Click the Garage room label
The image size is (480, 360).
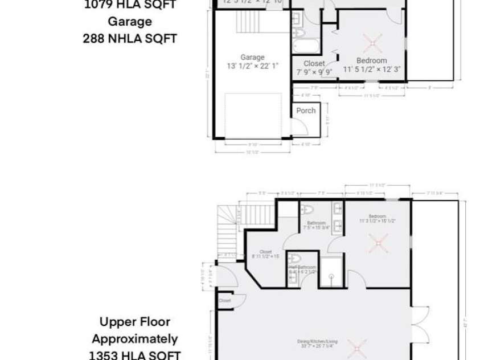(x=252, y=57)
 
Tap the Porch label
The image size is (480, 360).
(x=306, y=111)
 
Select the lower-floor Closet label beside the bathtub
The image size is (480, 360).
(x=314, y=64)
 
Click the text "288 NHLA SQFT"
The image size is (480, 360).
(x=130, y=39)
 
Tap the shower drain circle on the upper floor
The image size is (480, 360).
(x=331, y=279)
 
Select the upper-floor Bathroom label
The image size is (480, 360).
(x=316, y=223)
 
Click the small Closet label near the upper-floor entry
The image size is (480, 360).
(x=224, y=300)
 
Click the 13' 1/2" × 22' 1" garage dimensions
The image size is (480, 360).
(x=252, y=65)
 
